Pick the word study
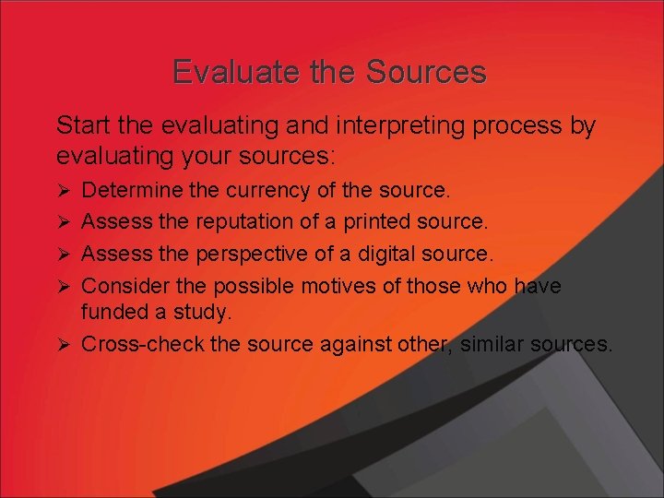[201, 314]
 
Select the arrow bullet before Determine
[64, 191]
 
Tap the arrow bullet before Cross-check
[64, 344]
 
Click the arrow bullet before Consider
[64, 286]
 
